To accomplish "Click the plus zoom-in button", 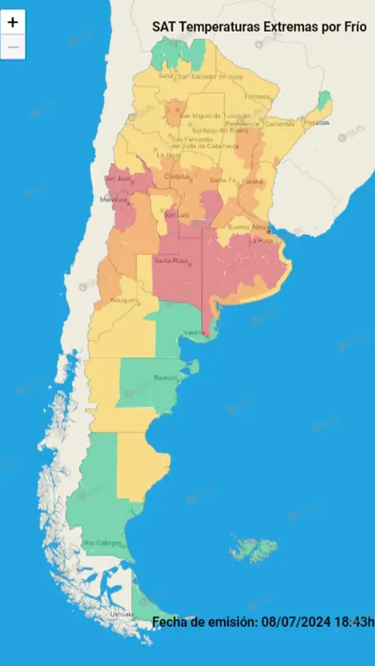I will click(x=12, y=22).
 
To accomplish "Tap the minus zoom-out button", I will click(x=12, y=47).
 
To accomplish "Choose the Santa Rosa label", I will click(x=171, y=261).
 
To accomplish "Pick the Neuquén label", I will click(x=124, y=300).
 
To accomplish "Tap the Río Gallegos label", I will click(x=101, y=543).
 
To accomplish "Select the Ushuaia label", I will click(x=122, y=614).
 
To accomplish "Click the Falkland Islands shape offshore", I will click(x=255, y=549).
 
